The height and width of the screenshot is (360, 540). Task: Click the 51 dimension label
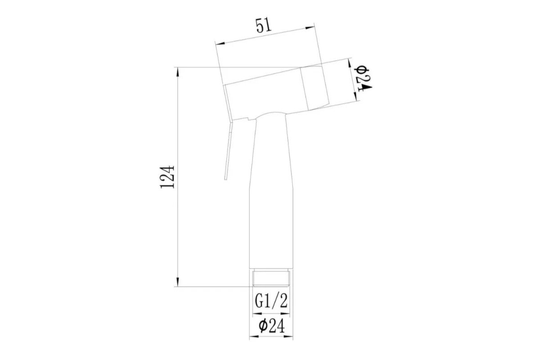(264, 26)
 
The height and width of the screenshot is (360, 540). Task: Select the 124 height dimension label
(167, 177)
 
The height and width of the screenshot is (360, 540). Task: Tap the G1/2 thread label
(271, 301)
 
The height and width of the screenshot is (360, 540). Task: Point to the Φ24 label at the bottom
(272, 326)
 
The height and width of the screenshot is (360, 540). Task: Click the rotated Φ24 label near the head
(363, 78)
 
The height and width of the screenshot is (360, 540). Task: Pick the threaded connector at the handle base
(271, 278)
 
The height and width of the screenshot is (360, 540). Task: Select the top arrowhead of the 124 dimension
(178, 72)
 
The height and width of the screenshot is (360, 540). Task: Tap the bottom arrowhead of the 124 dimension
(178, 282)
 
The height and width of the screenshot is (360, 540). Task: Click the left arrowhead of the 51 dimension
(220, 43)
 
